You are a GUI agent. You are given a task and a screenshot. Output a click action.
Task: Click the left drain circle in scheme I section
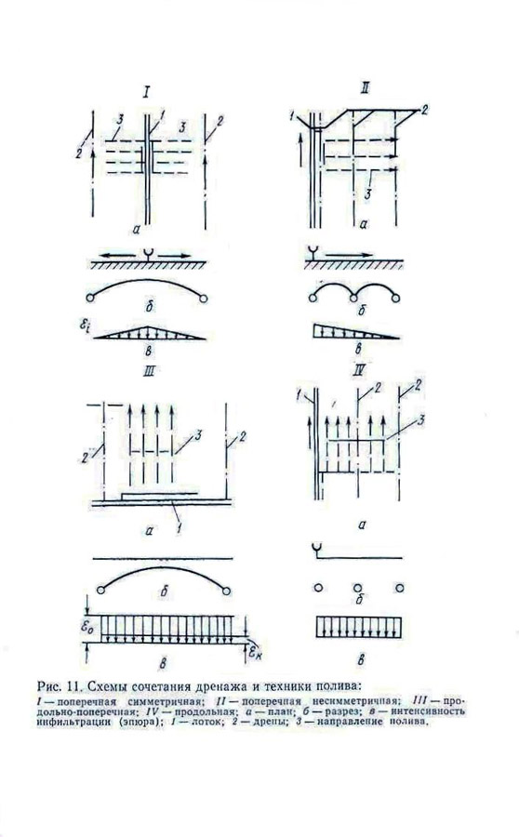tap(90, 298)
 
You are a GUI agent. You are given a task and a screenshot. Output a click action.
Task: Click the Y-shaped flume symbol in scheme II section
tap(310, 252)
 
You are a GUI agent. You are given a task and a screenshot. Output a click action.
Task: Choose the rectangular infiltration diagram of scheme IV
tap(357, 625)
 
